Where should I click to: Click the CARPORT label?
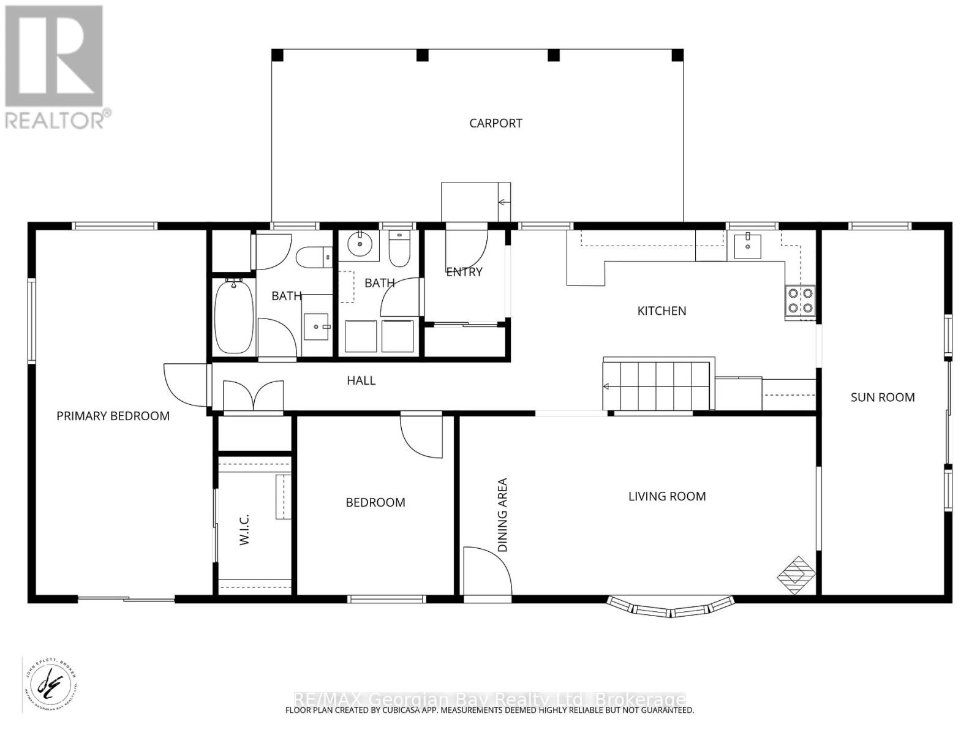(496, 123)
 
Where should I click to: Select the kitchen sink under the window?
(748, 246)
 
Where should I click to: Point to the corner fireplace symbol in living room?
(796, 575)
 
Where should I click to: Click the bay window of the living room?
(671, 607)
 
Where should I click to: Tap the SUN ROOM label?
(883, 397)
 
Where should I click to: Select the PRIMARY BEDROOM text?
(113, 416)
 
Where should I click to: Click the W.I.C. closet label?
(244, 530)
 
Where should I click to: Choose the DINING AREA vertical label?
(503, 515)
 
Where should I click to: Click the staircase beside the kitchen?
(657, 386)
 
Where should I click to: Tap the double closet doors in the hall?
(254, 396)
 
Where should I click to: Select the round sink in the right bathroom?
(359, 245)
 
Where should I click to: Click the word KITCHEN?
(661, 311)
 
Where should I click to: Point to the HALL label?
(361, 380)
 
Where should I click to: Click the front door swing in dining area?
(486, 572)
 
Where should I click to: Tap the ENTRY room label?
(464, 272)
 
